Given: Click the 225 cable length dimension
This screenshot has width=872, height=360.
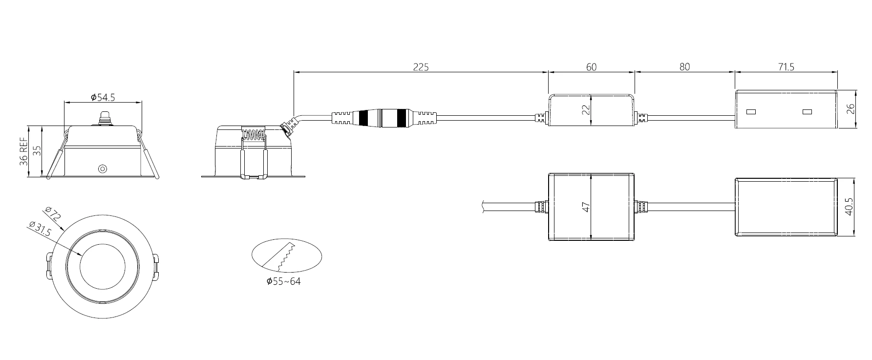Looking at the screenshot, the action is (421, 67).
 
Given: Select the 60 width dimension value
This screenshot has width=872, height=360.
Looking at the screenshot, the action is (591, 67).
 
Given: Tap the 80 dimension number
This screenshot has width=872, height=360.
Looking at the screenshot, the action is (685, 67).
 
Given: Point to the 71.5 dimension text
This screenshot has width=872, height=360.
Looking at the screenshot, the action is (787, 67).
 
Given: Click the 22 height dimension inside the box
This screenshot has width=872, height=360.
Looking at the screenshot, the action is (587, 109).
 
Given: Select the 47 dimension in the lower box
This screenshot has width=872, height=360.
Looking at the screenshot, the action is (587, 207).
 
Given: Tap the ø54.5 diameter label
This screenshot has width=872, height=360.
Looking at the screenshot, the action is (103, 97).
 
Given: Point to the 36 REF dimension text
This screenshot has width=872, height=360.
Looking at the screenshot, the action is (23, 151).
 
